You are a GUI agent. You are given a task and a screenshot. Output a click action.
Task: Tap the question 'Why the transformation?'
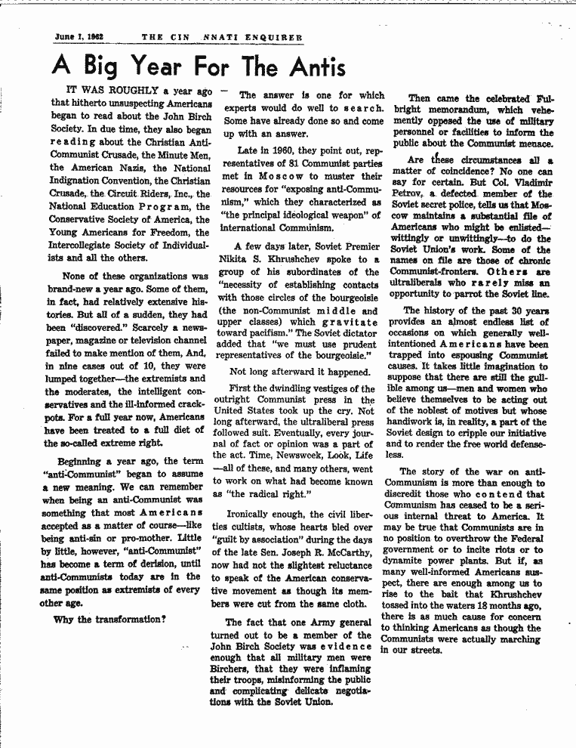[x=109, y=620]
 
